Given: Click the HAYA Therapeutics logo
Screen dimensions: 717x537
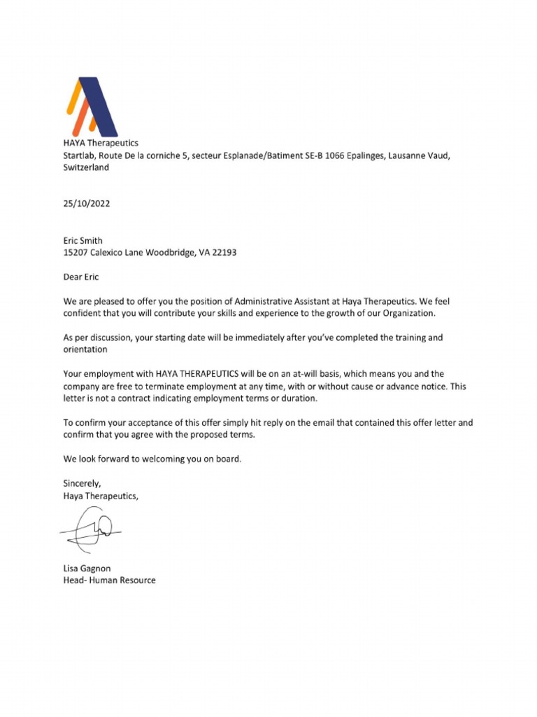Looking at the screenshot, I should [x=92, y=106].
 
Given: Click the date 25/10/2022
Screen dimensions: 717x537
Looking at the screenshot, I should [x=87, y=204].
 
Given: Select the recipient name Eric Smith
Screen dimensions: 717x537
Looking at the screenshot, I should [x=83, y=240].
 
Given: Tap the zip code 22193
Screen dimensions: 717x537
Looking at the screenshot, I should [x=223, y=253].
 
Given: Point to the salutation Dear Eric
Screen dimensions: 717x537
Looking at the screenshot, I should [x=81, y=277].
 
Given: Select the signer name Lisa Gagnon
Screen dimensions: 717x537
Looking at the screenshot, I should [x=87, y=568].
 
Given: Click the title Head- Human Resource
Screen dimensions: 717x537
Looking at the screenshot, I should [x=109, y=580].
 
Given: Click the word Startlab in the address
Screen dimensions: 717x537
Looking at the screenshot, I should [x=78, y=155].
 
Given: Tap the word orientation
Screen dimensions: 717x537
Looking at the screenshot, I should [x=85, y=349].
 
